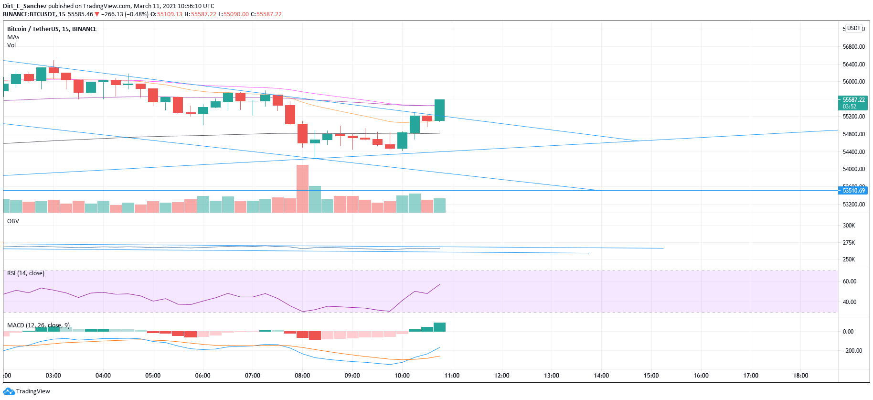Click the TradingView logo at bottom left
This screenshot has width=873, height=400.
(27, 391)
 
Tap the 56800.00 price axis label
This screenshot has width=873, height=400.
(853, 47)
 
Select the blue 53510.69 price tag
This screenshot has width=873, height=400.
(853, 191)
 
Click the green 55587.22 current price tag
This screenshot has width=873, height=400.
(853, 103)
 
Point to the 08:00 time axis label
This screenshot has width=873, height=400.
(302, 376)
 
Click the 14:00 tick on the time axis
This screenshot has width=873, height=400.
(601, 376)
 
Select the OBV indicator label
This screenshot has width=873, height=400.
(13, 221)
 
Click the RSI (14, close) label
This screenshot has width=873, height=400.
(26, 273)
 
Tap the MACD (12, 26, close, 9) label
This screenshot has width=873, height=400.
(38, 325)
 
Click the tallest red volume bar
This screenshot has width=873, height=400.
(302, 188)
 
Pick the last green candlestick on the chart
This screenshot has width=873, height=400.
(439, 110)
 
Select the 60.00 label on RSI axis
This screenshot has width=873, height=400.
(849, 281)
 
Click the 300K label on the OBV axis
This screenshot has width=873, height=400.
(849, 226)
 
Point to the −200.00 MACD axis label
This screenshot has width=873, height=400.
(852, 351)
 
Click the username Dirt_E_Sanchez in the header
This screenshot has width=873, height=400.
(25, 6)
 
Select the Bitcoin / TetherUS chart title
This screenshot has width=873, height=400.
(52, 29)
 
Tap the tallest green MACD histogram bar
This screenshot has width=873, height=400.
(439, 327)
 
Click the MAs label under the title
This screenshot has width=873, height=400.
(13, 37)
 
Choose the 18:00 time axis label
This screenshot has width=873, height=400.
(800, 376)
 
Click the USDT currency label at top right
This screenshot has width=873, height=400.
(853, 28)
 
